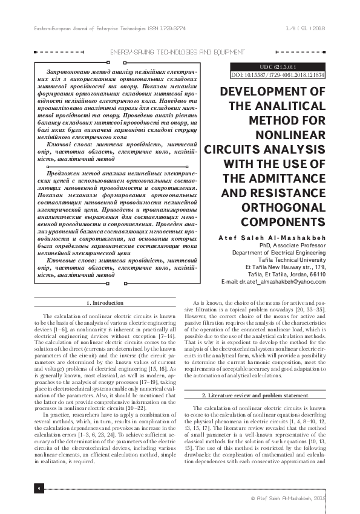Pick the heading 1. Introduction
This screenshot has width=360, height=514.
106,302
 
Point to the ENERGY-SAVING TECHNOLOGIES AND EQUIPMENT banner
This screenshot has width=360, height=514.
180,53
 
